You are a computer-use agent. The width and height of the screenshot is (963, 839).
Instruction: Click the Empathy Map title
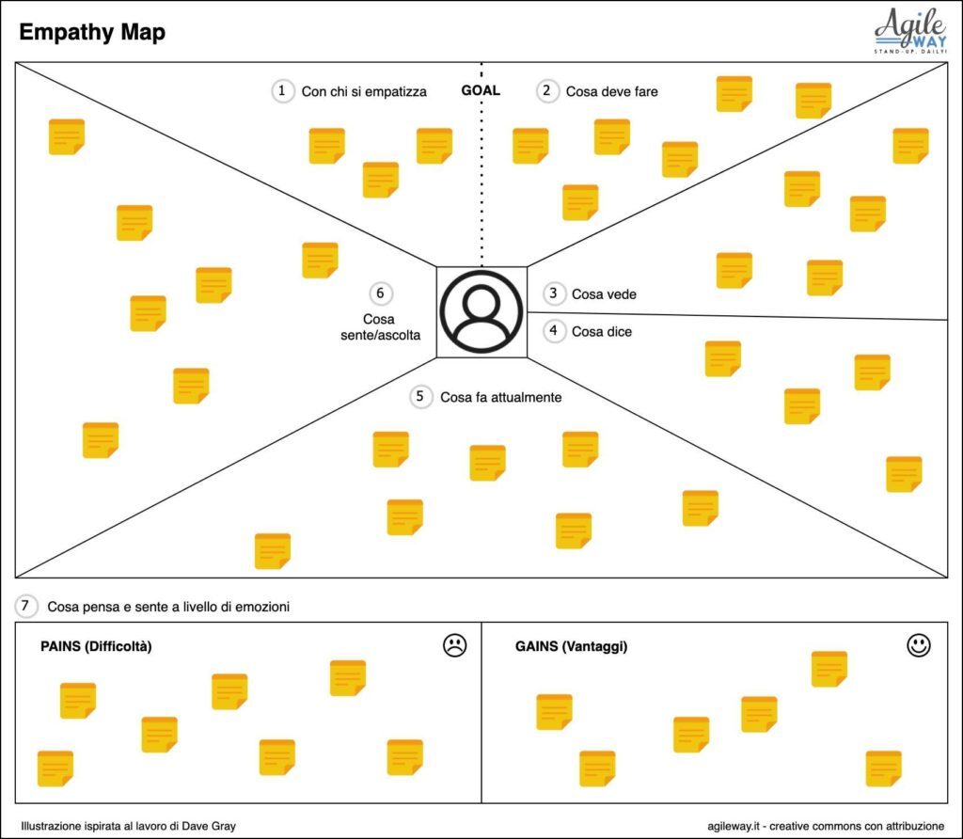[92, 32]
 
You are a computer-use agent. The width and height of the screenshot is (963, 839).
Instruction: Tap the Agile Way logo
[910, 31]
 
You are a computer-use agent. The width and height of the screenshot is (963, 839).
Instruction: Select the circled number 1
[282, 91]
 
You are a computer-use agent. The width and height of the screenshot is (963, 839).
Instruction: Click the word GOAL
[481, 90]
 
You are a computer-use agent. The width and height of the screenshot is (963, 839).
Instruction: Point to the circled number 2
[547, 91]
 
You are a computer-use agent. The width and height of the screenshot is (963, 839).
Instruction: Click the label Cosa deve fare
[611, 91]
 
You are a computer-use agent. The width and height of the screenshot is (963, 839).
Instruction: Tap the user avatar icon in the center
[481, 311]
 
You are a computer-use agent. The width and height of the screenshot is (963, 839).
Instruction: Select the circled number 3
[554, 293]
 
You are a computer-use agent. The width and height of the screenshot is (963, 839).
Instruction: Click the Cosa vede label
[604, 294]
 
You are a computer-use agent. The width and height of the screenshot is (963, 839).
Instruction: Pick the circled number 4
[554, 331]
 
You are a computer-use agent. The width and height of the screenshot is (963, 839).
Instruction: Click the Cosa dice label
[602, 332]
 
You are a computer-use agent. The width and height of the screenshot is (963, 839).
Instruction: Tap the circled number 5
[420, 397]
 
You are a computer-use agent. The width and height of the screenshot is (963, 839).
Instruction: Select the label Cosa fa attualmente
[501, 397]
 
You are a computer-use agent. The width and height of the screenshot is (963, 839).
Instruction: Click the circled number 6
[381, 293]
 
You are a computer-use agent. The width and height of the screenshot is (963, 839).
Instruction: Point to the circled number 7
[25, 607]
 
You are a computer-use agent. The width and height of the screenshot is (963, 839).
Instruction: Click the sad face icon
[454, 645]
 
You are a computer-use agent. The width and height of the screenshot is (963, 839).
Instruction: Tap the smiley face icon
[919, 645]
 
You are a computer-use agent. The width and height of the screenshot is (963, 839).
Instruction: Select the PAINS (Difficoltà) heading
[97, 646]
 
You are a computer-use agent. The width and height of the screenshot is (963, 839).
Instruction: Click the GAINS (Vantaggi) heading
[572, 646]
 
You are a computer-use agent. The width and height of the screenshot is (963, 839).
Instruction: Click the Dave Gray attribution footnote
[128, 826]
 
